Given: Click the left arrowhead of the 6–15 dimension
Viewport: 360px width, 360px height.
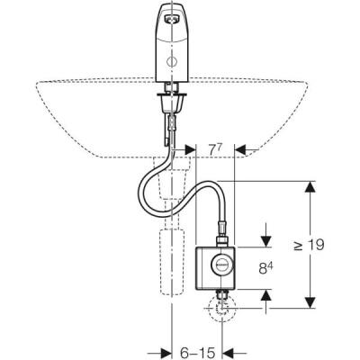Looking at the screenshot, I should click(x=166, y=351).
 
